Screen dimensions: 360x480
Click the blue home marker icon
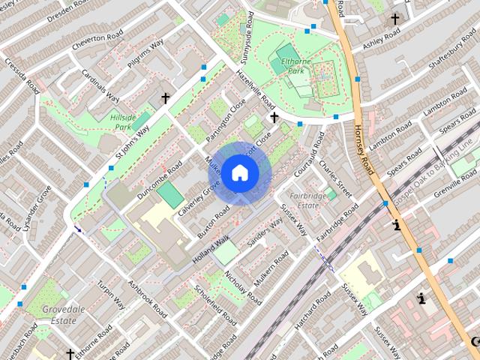[x=238, y=173]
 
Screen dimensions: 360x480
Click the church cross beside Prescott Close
[x=274, y=118]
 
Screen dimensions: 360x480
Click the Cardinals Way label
[x=101, y=88]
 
